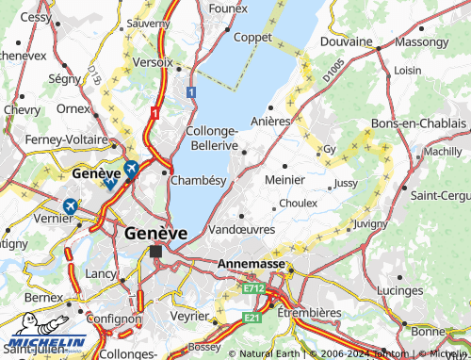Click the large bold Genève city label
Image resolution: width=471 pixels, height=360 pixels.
pyautogui.click(x=155, y=232)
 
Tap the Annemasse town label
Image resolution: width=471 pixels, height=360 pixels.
pyautogui.click(x=252, y=265)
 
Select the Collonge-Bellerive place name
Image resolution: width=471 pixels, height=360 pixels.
pyautogui.click(x=212, y=139)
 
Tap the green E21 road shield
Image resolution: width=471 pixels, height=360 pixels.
pyautogui.click(x=251, y=318)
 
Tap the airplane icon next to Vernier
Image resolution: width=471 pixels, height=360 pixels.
pyautogui.click(x=71, y=205)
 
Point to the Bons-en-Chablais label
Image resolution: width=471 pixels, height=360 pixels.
pyautogui.click(x=419, y=124)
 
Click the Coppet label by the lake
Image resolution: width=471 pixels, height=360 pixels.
pyautogui.click(x=252, y=37)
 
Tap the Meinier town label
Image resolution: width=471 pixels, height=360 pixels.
pyautogui.click(x=284, y=179)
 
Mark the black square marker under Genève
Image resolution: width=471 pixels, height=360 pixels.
pyautogui.click(x=156, y=250)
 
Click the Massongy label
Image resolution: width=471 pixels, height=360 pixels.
pyautogui.click(x=421, y=42)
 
